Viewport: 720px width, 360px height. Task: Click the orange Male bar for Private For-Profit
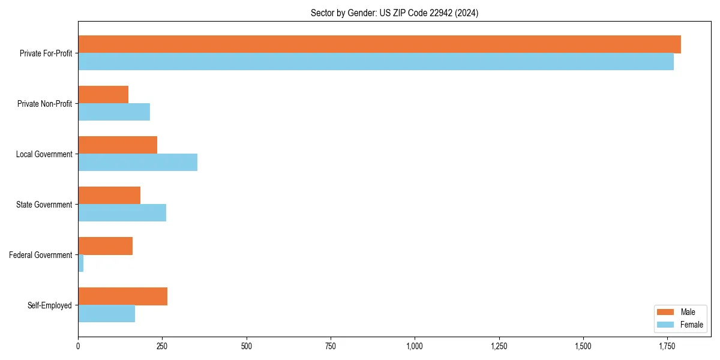click(x=379, y=44)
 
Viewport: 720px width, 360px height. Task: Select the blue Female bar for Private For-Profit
click(x=376, y=62)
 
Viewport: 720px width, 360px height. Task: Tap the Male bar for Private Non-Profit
click(x=103, y=95)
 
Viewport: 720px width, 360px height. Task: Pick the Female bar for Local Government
click(x=137, y=163)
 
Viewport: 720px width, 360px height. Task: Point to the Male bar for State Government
click(x=109, y=196)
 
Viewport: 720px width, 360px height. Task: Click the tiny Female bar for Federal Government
click(x=81, y=263)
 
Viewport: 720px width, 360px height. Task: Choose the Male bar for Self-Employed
click(x=122, y=296)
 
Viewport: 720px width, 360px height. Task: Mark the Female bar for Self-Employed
click(x=106, y=314)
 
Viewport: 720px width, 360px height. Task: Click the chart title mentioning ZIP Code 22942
click(x=394, y=13)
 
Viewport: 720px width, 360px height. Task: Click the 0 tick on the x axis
click(x=78, y=346)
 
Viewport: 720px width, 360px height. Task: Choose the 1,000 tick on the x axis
click(x=415, y=346)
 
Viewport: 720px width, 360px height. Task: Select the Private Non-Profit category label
click(x=44, y=104)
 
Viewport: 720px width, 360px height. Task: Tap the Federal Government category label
click(x=40, y=255)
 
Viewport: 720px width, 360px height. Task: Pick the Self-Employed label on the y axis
click(x=49, y=305)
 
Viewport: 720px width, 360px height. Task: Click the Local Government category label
click(x=44, y=154)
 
